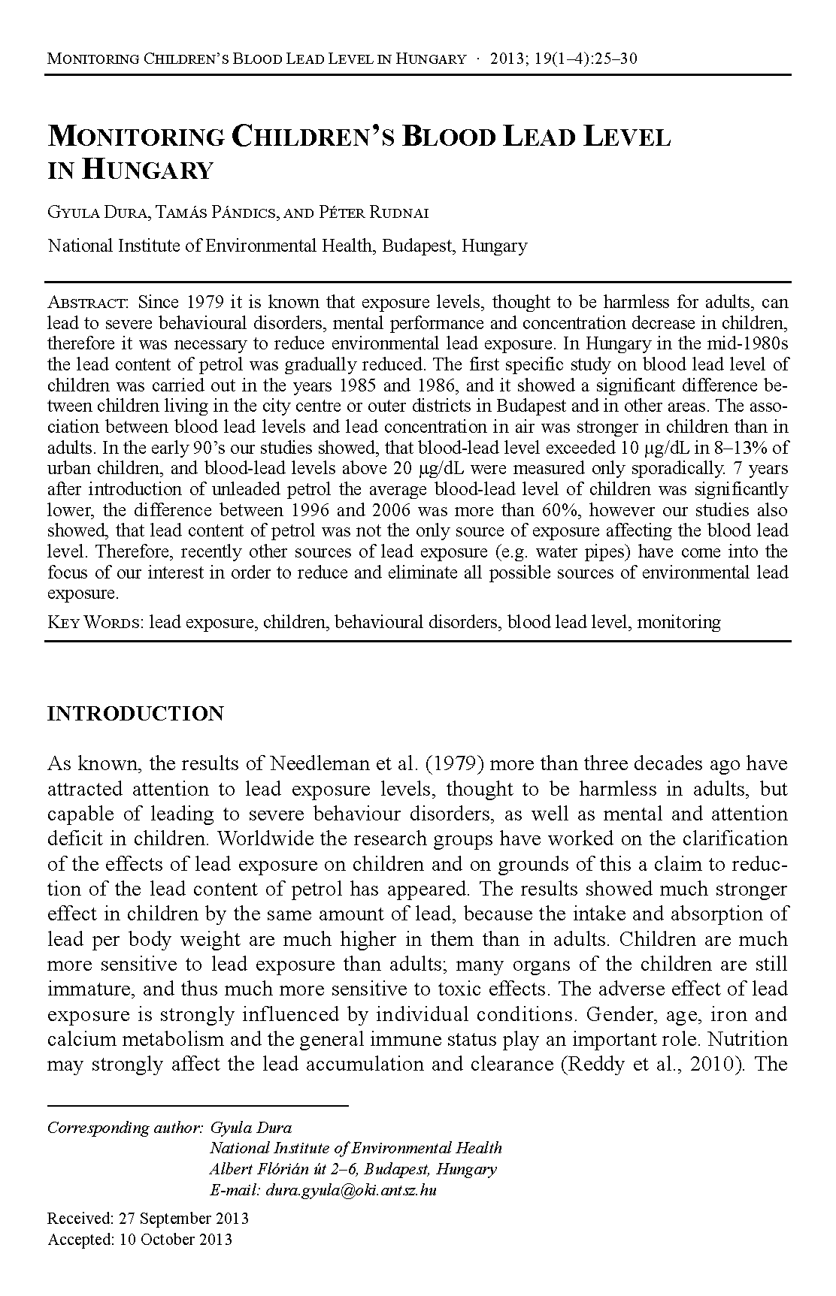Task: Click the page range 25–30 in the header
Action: coord(614,59)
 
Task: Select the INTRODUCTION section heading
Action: coord(135,713)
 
